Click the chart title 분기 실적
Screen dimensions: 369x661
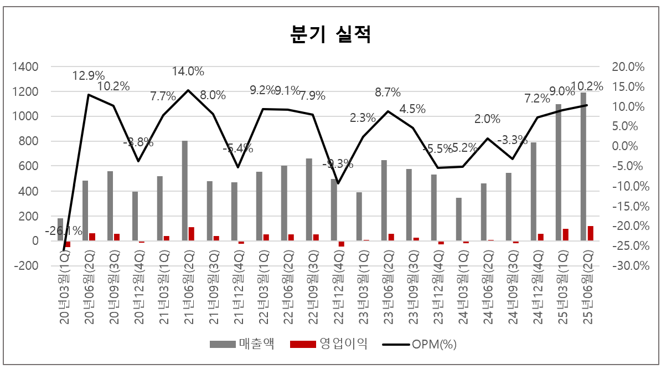(x=330, y=34)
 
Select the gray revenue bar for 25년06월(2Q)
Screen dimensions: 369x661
(x=583, y=166)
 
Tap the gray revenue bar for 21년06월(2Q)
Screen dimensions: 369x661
(x=185, y=191)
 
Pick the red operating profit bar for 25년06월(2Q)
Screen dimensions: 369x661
(x=590, y=233)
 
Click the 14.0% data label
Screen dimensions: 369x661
(x=188, y=71)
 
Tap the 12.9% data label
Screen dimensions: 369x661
(x=89, y=75)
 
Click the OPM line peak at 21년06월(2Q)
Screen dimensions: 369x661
(x=188, y=90)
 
